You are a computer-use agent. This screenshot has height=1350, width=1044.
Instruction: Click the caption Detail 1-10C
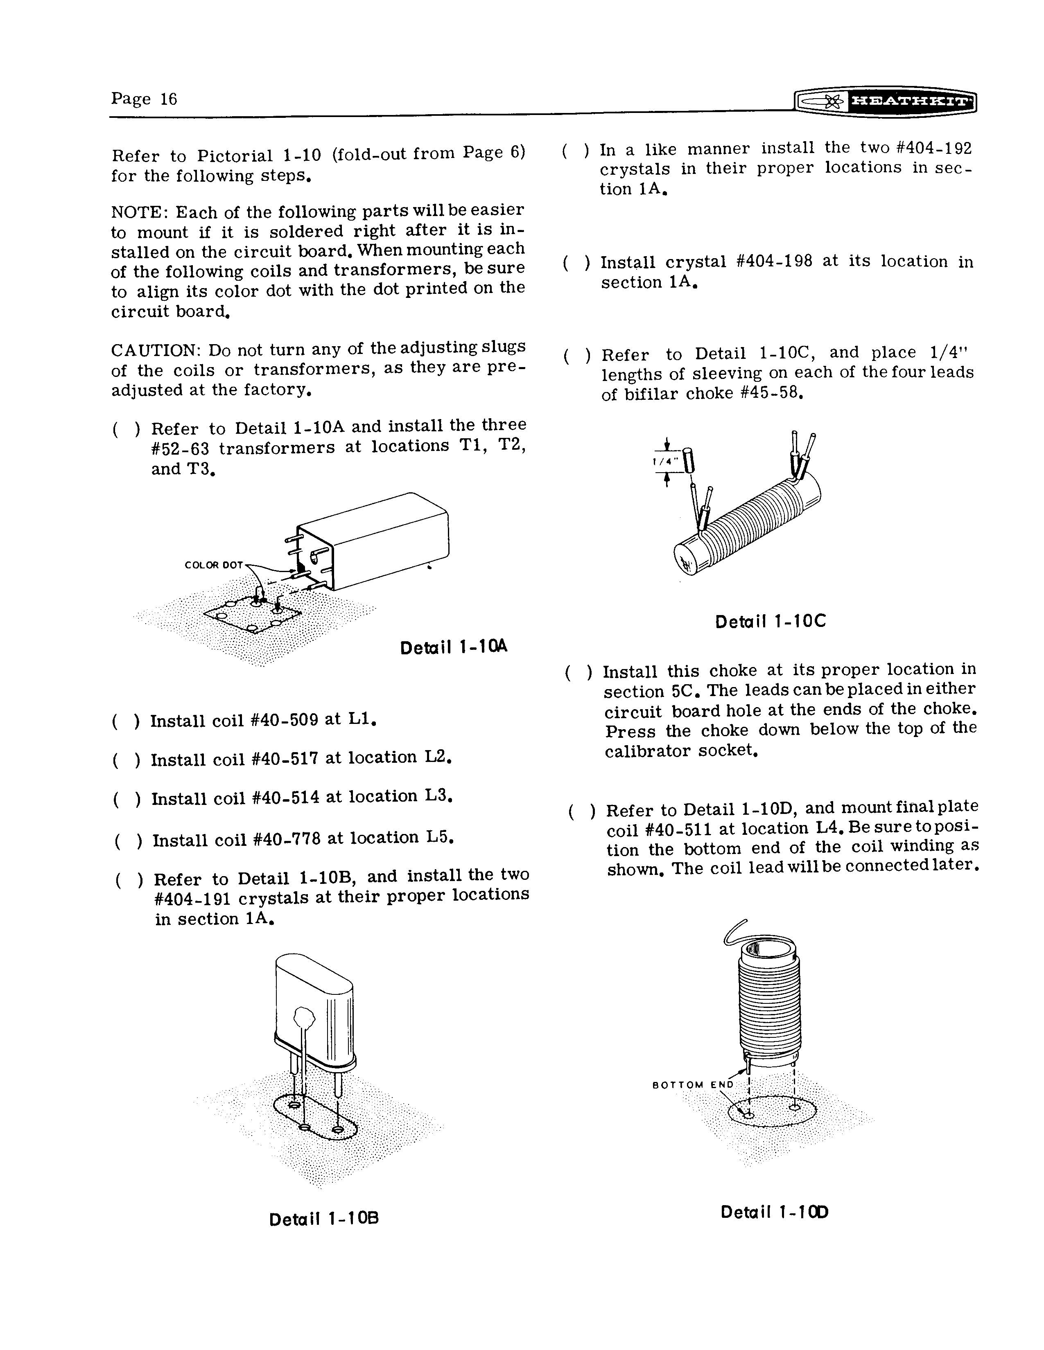(770, 621)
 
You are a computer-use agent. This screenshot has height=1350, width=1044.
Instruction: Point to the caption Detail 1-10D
(774, 1212)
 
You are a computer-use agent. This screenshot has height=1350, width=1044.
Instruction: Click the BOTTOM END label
(693, 1085)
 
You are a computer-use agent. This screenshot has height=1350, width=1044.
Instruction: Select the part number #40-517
(286, 758)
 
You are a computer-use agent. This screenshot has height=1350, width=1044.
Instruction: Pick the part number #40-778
(287, 839)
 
